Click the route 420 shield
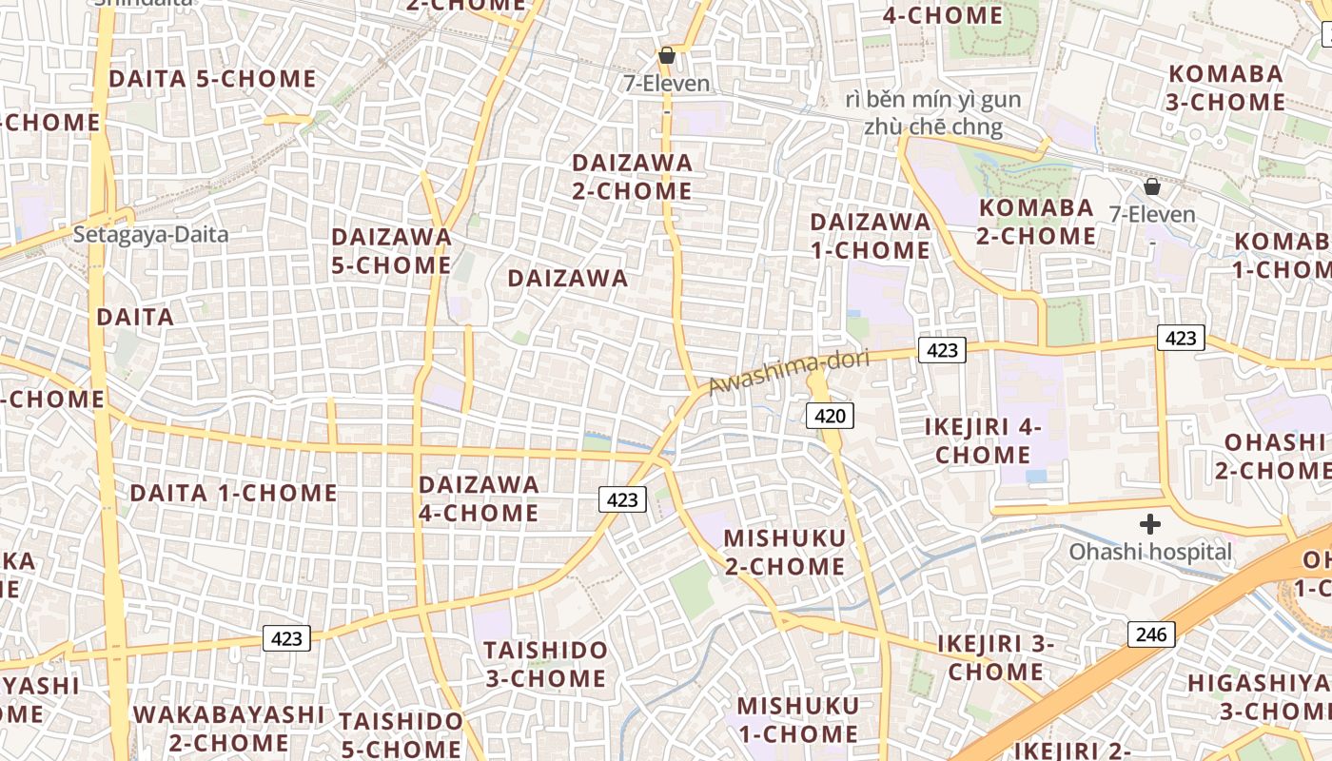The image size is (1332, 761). click(x=830, y=416)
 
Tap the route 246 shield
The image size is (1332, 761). click(x=1151, y=634)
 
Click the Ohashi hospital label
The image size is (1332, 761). click(x=1150, y=552)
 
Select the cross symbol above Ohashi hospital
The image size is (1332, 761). click(x=1150, y=524)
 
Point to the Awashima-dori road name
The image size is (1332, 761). click(x=790, y=372)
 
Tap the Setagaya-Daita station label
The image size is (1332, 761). click(x=151, y=234)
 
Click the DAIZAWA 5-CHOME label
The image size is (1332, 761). click(x=391, y=251)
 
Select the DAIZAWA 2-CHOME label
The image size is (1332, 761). click(x=632, y=177)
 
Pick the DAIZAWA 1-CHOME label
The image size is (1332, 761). click(x=870, y=236)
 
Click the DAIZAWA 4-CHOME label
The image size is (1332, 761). click(x=479, y=498)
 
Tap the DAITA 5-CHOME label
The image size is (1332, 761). click(x=212, y=79)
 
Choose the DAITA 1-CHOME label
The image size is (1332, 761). click(x=233, y=493)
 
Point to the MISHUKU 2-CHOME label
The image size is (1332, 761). click(x=785, y=553)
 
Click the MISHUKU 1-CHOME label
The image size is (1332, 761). click(x=798, y=720)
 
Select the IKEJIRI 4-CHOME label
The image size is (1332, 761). click(x=983, y=440)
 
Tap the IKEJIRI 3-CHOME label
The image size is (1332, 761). click(x=996, y=657)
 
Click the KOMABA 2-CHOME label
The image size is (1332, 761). click(x=1036, y=222)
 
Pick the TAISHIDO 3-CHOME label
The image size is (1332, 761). click(x=545, y=664)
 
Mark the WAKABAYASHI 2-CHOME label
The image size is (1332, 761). click(x=228, y=729)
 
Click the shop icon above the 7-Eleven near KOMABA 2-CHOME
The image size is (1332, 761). click(x=1152, y=186)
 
